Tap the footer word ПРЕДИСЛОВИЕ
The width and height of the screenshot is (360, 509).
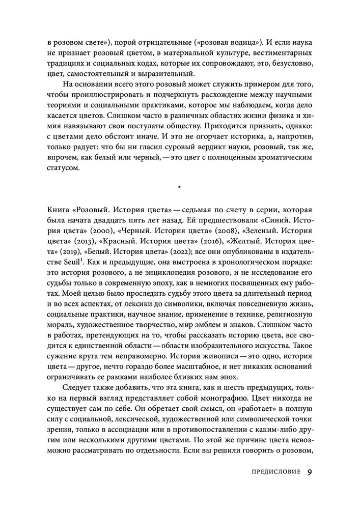[x=275, y=471]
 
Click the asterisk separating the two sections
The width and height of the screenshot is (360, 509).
[x=180, y=189]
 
